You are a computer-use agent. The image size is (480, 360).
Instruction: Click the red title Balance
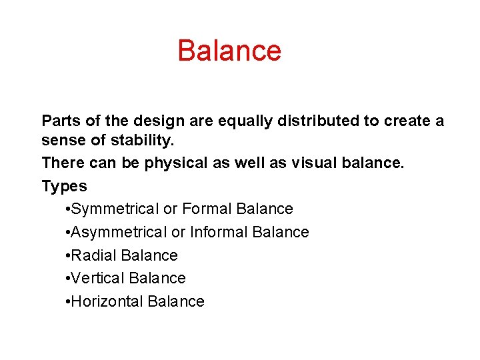coord(229,51)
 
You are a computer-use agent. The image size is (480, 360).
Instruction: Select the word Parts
coord(61,121)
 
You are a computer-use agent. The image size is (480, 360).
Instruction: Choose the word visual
coord(315,163)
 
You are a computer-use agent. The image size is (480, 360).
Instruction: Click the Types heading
coord(64,186)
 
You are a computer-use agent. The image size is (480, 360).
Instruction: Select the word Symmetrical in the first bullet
coord(115,209)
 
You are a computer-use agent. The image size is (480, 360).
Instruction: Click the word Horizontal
coord(107,301)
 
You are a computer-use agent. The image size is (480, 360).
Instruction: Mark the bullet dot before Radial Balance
coord(69,256)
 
